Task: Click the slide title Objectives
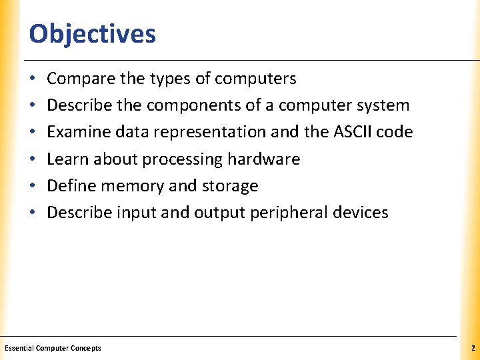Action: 92,33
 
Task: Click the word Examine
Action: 73,132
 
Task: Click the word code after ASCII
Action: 397,132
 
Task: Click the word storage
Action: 231,185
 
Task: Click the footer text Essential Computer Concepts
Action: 53,348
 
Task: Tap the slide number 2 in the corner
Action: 471,348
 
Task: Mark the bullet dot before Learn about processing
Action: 33,159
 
